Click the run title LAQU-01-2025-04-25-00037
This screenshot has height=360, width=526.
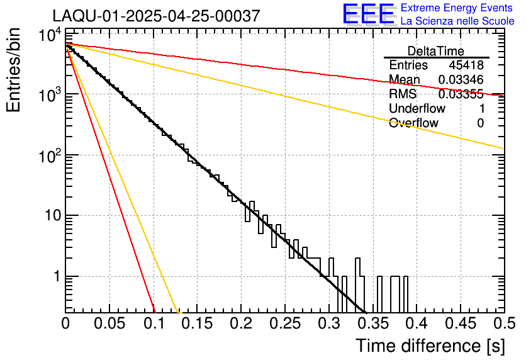(x=155, y=16)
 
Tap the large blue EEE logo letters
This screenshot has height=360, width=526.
(x=368, y=14)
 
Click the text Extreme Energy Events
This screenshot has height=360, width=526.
(x=457, y=8)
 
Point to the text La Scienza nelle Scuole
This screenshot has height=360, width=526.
(x=457, y=21)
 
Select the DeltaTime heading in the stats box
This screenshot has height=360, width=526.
(x=436, y=51)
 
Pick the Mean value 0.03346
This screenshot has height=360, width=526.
(x=461, y=80)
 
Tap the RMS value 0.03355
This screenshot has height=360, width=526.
(x=461, y=94)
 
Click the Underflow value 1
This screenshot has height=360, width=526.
(x=481, y=109)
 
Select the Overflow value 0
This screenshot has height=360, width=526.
(x=481, y=123)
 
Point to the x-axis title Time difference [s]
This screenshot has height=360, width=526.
(x=429, y=346)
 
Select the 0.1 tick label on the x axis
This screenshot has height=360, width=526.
(x=153, y=323)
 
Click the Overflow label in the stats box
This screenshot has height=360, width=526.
(x=413, y=123)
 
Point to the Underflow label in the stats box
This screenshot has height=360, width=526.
(x=416, y=109)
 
